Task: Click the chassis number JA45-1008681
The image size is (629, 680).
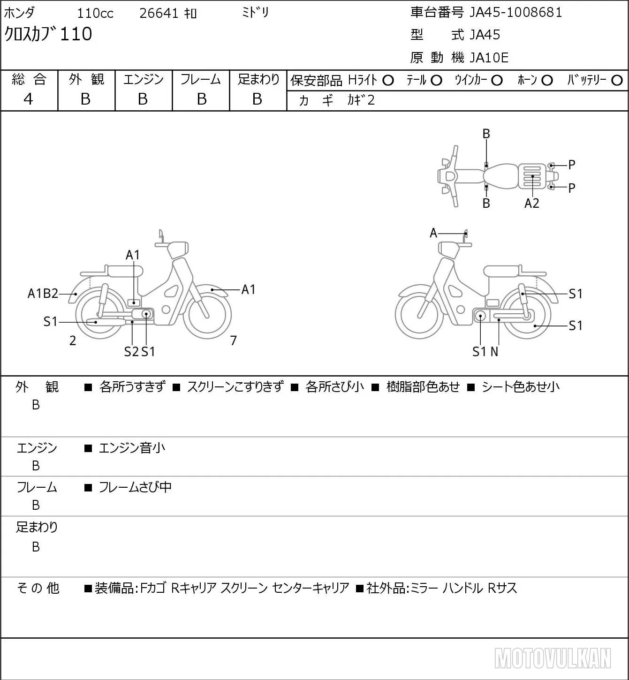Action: point(515,13)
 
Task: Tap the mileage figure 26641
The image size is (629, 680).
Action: point(159,13)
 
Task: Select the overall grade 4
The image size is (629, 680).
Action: point(28,99)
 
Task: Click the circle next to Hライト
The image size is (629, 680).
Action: point(388,81)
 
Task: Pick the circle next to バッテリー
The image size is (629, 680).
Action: point(617,81)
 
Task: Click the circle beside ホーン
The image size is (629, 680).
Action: point(547,81)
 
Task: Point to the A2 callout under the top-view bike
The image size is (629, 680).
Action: point(532,204)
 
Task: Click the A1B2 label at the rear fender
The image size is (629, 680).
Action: point(43,294)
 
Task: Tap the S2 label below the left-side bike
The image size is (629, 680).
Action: point(131,352)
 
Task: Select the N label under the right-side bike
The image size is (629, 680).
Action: point(494,352)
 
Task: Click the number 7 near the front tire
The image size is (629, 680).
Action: point(233,340)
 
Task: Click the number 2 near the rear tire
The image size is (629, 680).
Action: point(73,340)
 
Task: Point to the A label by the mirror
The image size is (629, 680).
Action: point(433,233)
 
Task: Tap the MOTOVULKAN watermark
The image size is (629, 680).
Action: point(553,658)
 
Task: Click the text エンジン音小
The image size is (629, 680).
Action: point(132,448)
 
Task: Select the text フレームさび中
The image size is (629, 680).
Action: point(135,487)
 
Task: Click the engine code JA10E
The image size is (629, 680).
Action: point(489,58)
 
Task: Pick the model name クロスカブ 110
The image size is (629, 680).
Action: point(48,34)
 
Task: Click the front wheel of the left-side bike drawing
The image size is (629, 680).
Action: point(207,315)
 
